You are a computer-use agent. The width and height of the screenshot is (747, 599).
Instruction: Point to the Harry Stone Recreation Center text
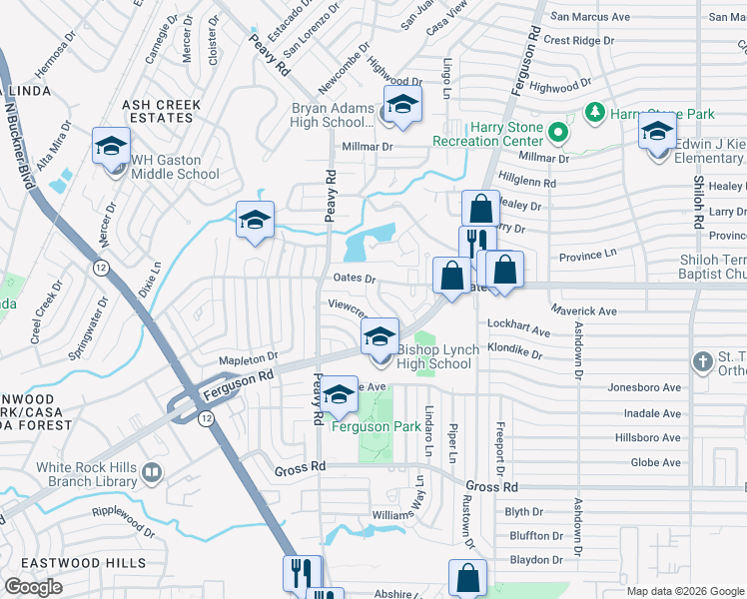pyautogui.click(x=487, y=134)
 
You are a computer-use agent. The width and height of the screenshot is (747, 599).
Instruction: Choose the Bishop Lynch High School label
pyautogui.click(x=434, y=356)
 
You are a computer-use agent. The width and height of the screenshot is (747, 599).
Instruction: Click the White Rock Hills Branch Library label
pyautogui.click(x=86, y=474)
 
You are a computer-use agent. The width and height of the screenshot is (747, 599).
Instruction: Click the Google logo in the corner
pyautogui.click(x=33, y=587)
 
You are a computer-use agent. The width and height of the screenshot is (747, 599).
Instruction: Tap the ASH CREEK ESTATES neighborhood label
pyautogui.click(x=161, y=111)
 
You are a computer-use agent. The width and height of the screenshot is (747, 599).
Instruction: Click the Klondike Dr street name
pyautogui.click(x=515, y=354)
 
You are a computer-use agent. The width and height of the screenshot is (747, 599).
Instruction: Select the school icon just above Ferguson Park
pyautogui.click(x=339, y=396)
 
